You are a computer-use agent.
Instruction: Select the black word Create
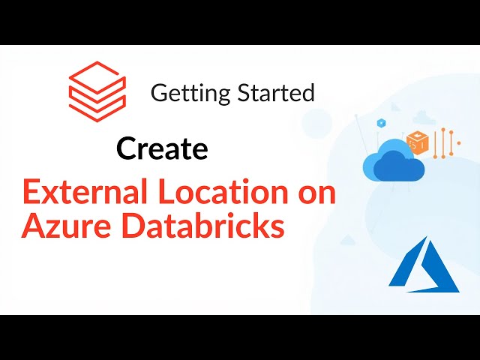click(x=162, y=149)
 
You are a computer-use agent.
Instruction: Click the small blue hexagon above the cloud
click(x=382, y=122)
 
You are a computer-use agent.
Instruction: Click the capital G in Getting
click(x=158, y=94)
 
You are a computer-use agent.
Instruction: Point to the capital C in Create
click(x=127, y=149)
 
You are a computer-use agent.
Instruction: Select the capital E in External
click(x=31, y=193)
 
